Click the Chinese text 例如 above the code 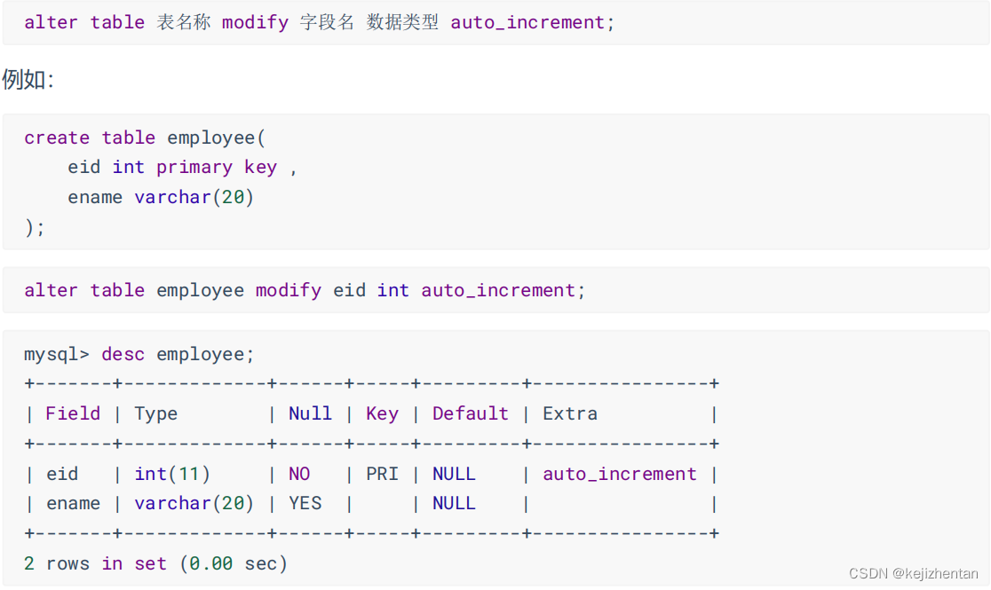pyautogui.click(x=27, y=80)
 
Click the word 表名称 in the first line pyautogui.click(x=184, y=22)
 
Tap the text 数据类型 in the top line pyautogui.click(x=402, y=22)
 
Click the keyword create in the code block pyautogui.click(x=57, y=138)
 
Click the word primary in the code pyautogui.click(x=194, y=167)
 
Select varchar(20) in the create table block pyautogui.click(x=194, y=197)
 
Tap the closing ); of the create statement pyautogui.click(x=35, y=227)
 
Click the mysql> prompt pyautogui.click(x=57, y=354)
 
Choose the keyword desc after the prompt pyautogui.click(x=123, y=354)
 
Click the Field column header pyautogui.click(x=73, y=413)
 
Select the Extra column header pyautogui.click(x=570, y=413)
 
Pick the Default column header pyautogui.click(x=471, y=413)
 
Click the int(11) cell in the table pyautogui.click(x=172, y=474)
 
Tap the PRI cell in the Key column pyautogui.click(x=383, y=474)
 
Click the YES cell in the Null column pyautogui.click(x=305, y=503)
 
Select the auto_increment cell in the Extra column pyautogui.click(x=620, y=474)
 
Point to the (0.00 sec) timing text pyautogui.click(x=234, y=563)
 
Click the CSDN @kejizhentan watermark pyautogui.click(x=914, y=573)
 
